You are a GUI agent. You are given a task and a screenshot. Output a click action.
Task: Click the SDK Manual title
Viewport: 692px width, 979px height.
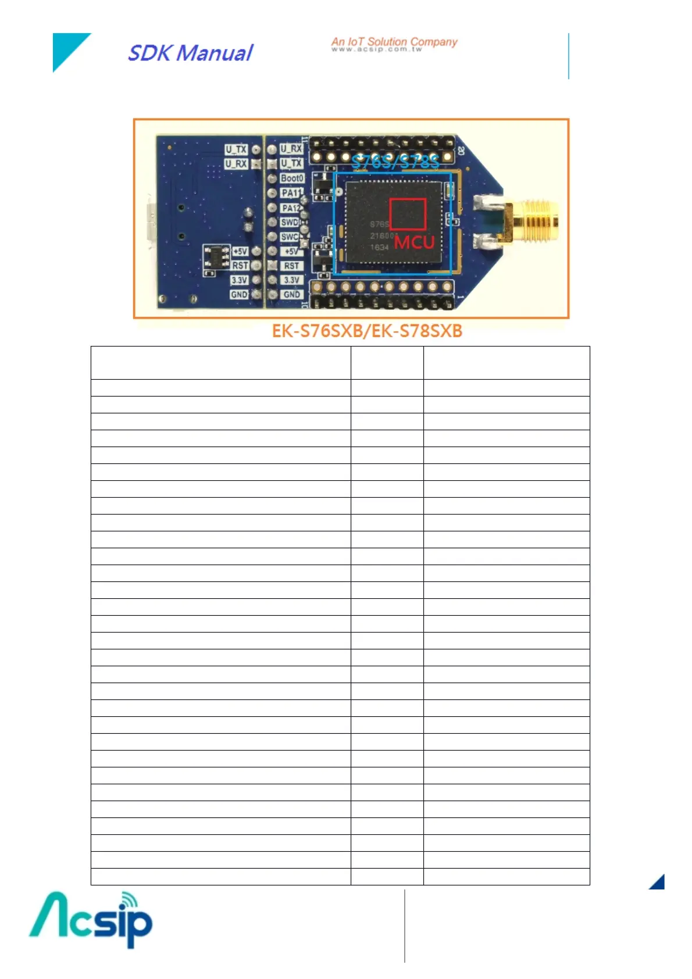click(190, 53)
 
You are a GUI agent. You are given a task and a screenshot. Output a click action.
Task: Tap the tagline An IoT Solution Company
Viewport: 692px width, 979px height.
click(394, 41)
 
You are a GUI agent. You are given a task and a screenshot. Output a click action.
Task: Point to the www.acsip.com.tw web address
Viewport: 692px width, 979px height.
click(377, 49)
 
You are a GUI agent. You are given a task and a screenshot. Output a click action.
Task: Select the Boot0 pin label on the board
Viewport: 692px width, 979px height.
click(292, 178)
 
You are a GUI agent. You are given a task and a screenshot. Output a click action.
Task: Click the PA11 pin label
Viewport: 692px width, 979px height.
click(291, 192)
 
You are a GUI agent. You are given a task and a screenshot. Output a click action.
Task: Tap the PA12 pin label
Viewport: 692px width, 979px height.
click(290, 208)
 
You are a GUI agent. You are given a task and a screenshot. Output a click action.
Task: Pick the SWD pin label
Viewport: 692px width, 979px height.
click(289, 222)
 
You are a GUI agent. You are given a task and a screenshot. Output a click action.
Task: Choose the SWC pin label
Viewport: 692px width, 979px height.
click(289, 237)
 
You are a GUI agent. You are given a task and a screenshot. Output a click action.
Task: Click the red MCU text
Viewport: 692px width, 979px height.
click(414, 242)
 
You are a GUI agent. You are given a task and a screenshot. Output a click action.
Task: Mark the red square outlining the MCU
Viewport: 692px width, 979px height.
click(408, 214)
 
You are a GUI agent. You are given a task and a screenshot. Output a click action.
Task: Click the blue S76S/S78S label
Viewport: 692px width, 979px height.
click(395, 162)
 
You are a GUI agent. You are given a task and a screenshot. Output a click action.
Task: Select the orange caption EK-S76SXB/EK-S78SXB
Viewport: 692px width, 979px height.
click(367, 331)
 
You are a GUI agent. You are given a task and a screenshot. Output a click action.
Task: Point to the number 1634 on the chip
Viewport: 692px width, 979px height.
click(379, 247)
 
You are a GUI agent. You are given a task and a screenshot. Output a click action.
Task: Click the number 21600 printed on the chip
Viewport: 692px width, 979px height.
click(381, 236)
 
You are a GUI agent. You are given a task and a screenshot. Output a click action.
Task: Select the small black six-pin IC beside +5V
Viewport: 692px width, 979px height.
click(217, 256)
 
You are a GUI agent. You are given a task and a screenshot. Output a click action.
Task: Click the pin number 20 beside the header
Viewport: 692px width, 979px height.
click(461, 150)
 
